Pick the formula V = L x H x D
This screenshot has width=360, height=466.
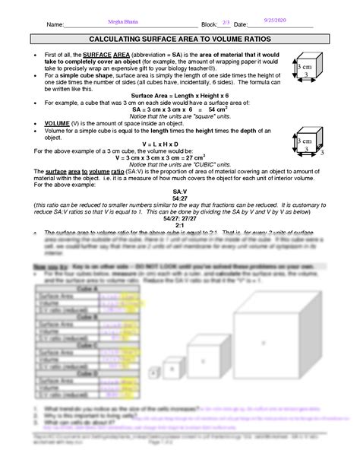180,144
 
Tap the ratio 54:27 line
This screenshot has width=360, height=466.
180,197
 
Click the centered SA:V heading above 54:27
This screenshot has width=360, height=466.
180,190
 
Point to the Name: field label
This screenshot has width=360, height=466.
55,25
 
